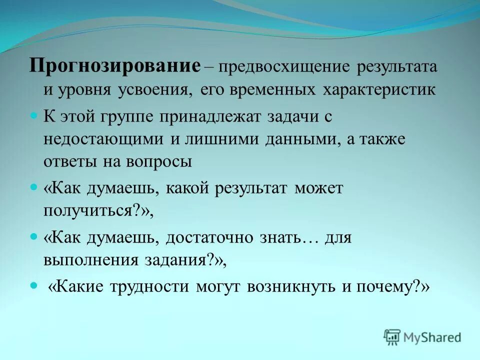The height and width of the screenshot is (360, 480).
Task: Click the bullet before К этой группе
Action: [34, 115]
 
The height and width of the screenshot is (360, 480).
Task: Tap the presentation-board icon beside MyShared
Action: [392, 337]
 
